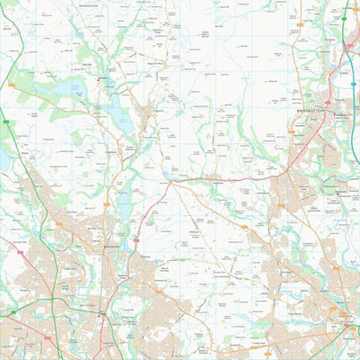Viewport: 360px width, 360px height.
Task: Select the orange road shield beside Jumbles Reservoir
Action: [110, 205]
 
